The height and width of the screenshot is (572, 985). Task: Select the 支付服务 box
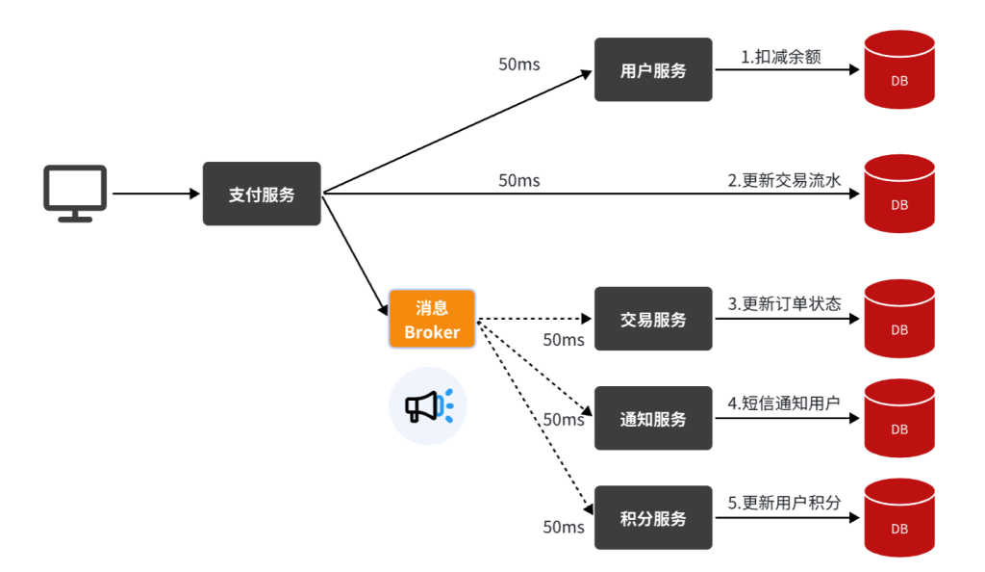pyautogui.click(x=262, y=194)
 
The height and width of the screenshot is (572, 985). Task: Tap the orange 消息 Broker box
pyautogui.click(x=432, y=319)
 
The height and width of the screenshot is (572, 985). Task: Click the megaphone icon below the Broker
pyautogui.click(x=427, y=406)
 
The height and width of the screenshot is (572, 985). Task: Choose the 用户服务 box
pyautogui.click(x=653, y=69)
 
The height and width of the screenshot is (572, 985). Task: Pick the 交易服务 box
pyautogui.click(x=653, y=319)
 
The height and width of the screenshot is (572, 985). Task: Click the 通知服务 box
pyautogui.click(x=653, y=418)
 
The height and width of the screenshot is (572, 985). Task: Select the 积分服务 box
pyautogui.click(x=653, y=518)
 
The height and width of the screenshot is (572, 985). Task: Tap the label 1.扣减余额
pyautogui.click(x=781, y=57)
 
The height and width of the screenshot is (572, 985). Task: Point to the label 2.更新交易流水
pyautogui.click(x=784, y=180)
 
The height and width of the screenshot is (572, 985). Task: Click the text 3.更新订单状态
pyautogui.click(x=784, y=304)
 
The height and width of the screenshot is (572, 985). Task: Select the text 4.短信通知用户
pyautogui.click(x=784, y=403)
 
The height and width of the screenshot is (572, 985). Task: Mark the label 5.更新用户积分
pyautogui.click(x=784, y=503)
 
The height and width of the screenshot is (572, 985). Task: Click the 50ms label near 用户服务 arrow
pyautogui.click(x=519, y=65)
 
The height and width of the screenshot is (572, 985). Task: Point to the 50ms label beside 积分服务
pyautogui.click(x=564, y=527)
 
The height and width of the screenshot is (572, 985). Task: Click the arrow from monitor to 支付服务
pyautogui.click(x=154, y=194)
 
